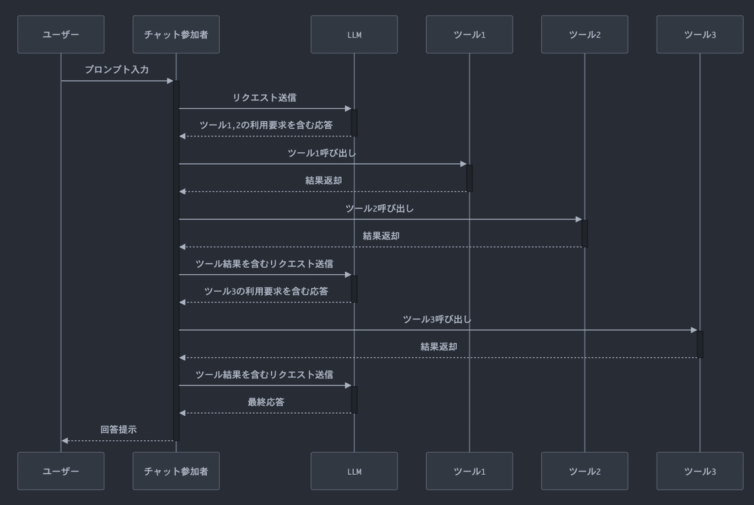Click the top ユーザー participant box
tap(61, 35)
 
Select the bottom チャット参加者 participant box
tap(176, 471)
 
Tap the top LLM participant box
tap(354, 35)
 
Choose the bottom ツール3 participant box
tap(699, 471)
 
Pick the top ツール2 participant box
tap(584, 35)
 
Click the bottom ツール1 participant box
tap(469, 471)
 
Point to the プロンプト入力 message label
tap(117, 70)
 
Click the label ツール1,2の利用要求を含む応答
tap(266, 125)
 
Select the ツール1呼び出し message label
tap(323, 153)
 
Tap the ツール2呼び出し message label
tap(380, 208)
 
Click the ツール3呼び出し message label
tap(437, 319)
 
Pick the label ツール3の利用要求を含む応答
tap(266, 291)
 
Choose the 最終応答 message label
tap(266, 402)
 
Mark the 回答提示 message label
tap(118, 430)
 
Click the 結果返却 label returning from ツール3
tap(439, 347)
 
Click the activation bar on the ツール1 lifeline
tap(469, 178)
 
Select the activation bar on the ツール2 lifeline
tap(584, 233)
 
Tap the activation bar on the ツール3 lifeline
tap(700, 344)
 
